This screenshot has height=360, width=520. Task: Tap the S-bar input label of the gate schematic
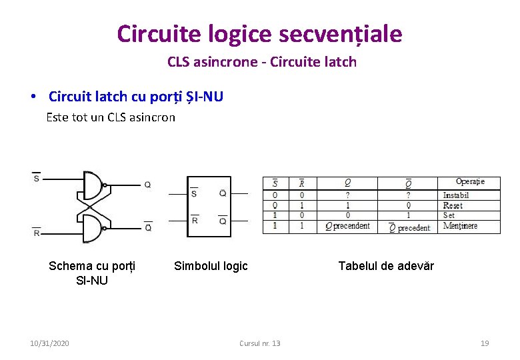point(36,178)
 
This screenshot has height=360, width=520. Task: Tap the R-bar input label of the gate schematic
point(37,233)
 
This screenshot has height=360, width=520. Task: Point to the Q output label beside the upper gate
point(147,185)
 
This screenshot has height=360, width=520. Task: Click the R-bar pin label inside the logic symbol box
point(194,219)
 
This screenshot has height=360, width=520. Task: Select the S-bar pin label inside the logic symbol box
point(194,193)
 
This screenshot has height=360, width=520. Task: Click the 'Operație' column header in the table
point(470,181)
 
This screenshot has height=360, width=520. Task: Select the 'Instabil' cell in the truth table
point(456,195)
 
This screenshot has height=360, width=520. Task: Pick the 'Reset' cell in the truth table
point(453,205)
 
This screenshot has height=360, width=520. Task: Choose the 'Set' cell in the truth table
point(449,215)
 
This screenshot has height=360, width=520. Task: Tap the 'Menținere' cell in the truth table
point(460,226)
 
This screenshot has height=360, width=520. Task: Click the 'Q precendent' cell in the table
point(347,226)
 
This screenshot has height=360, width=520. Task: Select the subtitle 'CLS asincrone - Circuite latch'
point(262,62)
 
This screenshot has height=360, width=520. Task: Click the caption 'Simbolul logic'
point(211,266)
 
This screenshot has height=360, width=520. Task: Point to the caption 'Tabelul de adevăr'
point(386,266)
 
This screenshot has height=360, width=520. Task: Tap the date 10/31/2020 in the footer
point(49,343)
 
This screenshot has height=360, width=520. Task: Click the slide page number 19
point(485,343)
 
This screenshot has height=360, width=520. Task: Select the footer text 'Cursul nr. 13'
point(260,343)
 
